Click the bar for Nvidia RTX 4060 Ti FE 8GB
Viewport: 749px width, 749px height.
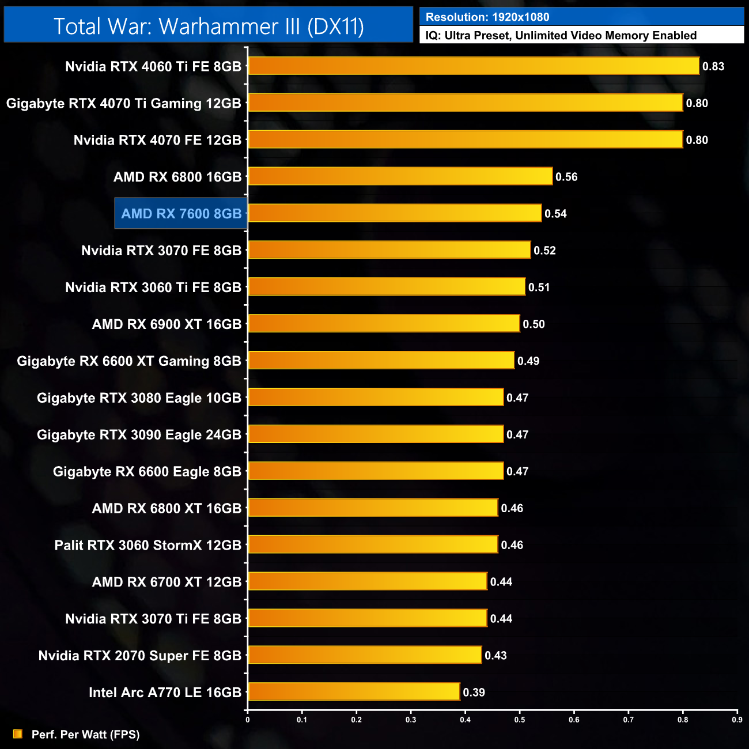[474, 66]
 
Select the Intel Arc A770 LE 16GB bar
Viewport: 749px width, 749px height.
[354, 691]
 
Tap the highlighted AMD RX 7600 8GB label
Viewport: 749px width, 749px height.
[181, 214]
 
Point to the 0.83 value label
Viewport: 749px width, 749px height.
[713, 66]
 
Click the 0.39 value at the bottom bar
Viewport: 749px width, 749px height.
[474, 692]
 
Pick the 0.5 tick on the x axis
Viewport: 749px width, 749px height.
[520, 719]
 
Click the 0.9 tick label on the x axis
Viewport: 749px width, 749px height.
[737, 719]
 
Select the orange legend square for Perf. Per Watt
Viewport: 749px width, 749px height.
[18, 733]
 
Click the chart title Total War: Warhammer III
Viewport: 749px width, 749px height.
[209, 27]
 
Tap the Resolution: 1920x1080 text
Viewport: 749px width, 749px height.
[487, 17]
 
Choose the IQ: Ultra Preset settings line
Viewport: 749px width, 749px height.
[561, 36]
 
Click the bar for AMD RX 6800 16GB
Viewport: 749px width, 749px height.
[400, 176]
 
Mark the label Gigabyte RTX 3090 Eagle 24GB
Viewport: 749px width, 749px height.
[139, 434]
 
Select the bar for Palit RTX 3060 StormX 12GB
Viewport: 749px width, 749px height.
[373, 544]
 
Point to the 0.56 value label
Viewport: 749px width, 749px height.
[566, 177]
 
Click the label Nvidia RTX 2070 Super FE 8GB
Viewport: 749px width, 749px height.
[139, 656]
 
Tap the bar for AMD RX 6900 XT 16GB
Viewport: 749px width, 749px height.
[384, 323]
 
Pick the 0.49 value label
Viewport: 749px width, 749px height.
[528, 361]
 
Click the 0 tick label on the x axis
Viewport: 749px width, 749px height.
[248, 719]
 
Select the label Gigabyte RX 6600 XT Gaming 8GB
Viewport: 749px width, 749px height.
[129, 361]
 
